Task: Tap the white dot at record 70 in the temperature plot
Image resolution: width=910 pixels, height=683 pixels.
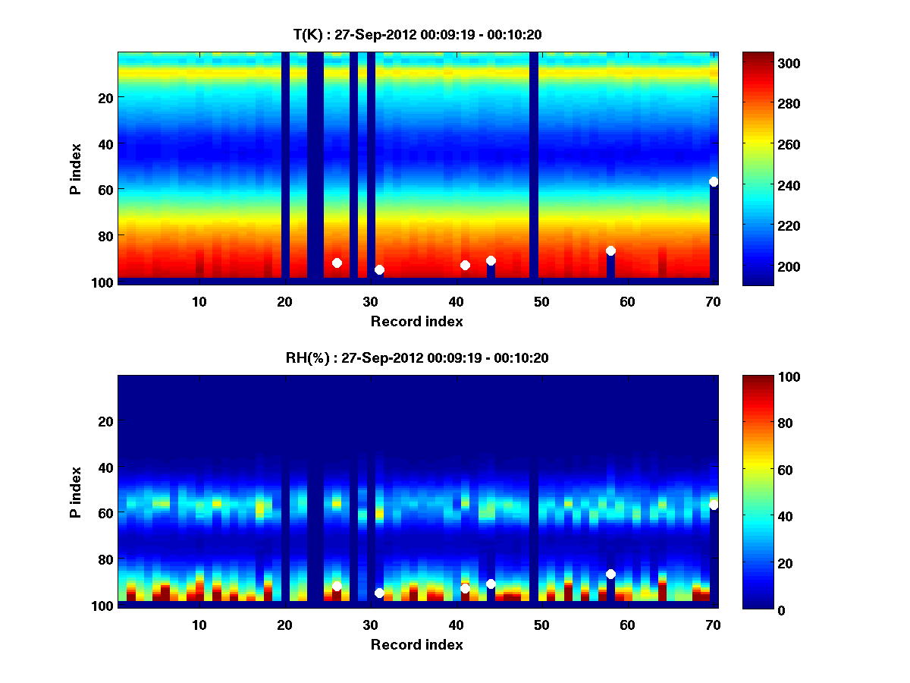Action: click(x=714, y=181)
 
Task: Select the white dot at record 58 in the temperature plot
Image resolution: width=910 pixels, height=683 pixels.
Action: click(x=610, y=250)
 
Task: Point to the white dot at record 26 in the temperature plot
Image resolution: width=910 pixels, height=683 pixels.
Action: click(x=337, y=263)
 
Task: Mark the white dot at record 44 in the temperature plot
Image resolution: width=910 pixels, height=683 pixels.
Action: click(x=491, y=260)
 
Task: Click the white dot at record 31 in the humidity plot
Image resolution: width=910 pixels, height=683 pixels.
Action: click(x=379, y=593)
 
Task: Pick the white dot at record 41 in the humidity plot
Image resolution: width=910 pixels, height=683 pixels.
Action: click(x=465, y=588)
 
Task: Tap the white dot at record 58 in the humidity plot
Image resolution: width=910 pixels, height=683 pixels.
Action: click(x=610, y=574)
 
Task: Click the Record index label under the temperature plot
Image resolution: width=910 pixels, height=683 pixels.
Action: click(x=416, y=321)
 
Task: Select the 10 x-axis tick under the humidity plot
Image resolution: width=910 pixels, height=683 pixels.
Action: click(x=199, y=625)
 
